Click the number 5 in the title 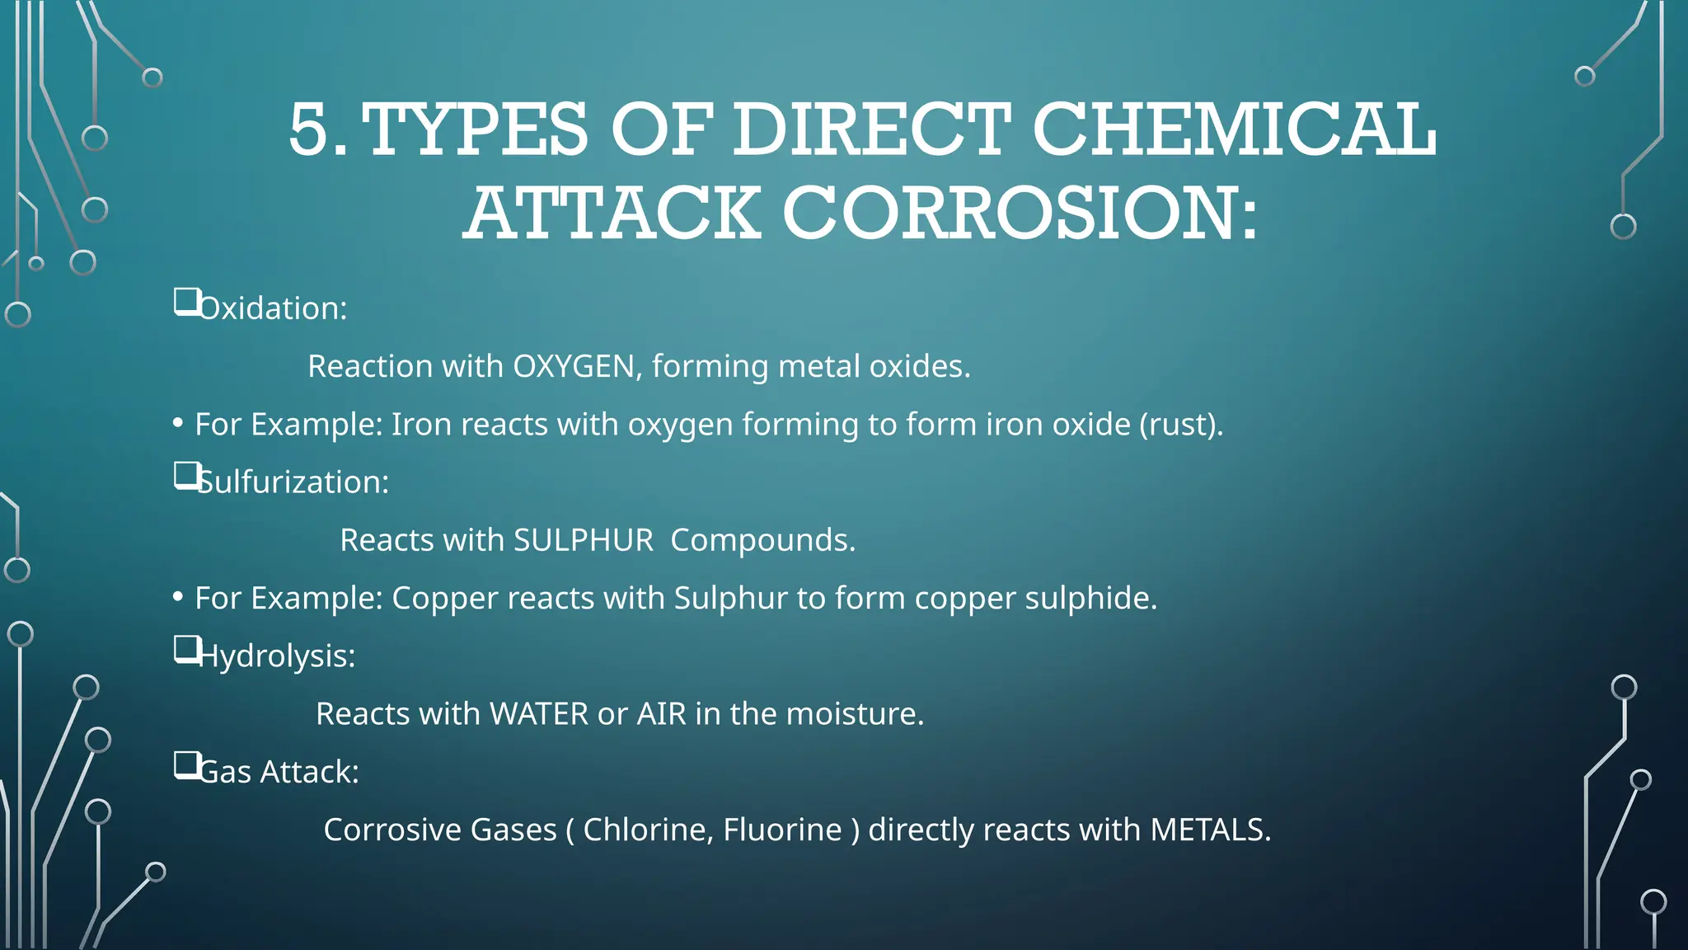tap(312, 129)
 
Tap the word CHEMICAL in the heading tap(1234, 129)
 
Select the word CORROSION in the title tap(1020, 214)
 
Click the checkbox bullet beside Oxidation tap(186, 302)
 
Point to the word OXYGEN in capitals tap(574, 366)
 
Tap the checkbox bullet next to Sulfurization tap(186, 476)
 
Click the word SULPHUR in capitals tap(583, 540)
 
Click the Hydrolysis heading tap(277, 656)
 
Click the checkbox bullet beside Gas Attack tap(186, 765)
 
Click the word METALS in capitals tap(1209, 830)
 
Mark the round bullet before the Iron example tap(178, 424)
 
